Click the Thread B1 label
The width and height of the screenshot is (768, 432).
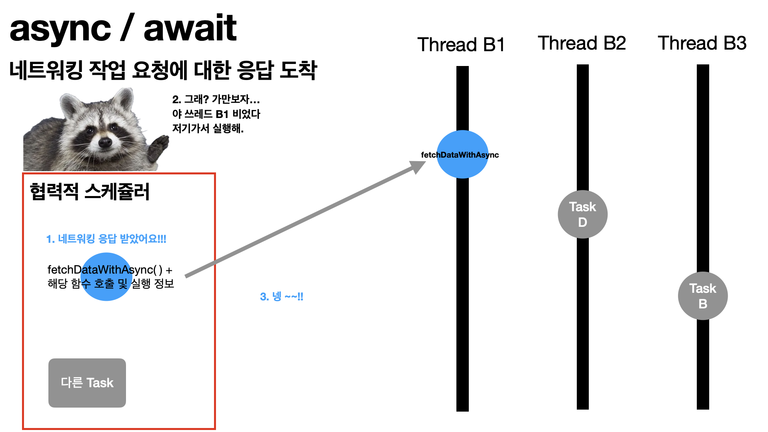461,44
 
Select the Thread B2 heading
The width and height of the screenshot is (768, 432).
582,43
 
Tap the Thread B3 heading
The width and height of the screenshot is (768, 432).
702,43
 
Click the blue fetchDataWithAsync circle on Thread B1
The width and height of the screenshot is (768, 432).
462,154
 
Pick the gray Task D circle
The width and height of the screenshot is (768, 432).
582,214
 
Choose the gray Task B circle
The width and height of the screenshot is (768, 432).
702,296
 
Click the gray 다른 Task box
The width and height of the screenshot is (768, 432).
87,383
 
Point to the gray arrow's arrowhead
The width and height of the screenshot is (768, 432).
418,166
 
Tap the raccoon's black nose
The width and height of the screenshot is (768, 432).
105,142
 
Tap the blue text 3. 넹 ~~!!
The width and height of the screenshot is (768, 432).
282,296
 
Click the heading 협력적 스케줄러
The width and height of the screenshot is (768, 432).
90,192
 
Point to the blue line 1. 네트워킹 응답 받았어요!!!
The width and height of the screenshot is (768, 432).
106,239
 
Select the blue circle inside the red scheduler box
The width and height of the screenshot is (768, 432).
106,277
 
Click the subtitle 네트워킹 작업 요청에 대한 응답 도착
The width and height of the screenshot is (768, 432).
163,70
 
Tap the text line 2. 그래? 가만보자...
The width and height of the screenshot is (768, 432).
216,99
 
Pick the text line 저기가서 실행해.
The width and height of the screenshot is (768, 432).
208,128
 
